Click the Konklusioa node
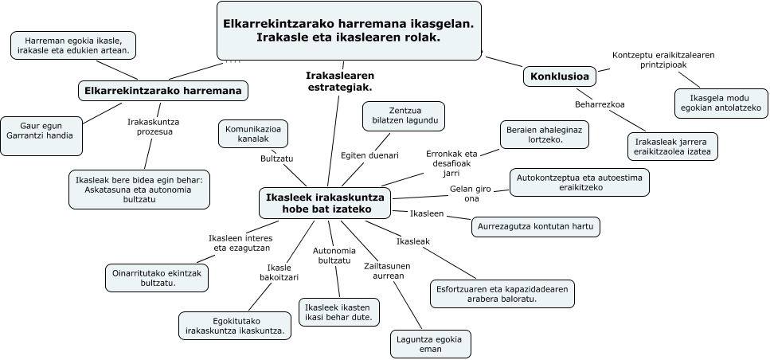561,76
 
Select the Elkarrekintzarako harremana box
162,91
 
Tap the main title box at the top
350,30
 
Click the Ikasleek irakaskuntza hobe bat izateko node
326,203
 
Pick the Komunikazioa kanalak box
252,134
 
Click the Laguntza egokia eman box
429,344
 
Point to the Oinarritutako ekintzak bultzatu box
156,277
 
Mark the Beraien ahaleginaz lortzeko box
545,134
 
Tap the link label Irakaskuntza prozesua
154,127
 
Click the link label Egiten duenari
369,155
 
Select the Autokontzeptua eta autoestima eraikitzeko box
578,182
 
